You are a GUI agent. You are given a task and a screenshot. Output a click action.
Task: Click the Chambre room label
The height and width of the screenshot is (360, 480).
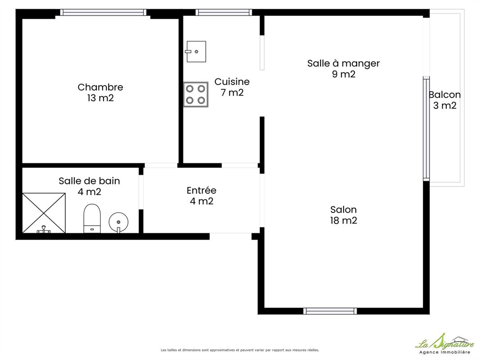click(100, 87)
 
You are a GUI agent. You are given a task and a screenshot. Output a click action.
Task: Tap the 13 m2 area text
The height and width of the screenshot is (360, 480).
click(100, 98)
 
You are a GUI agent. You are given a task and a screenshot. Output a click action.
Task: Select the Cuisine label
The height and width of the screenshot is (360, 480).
click(232, 81)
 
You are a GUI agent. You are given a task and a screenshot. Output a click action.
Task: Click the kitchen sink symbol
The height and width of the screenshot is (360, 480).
click(196, 51)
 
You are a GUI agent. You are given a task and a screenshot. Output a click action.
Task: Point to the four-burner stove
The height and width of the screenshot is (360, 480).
click(196, 94)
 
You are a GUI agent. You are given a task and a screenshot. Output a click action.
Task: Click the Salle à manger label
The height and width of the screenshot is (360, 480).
click(344, 63)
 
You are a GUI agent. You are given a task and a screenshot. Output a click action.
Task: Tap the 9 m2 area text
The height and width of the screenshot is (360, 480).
click(344, 74)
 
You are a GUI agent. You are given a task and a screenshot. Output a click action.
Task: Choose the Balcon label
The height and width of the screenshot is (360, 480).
click(445, 95)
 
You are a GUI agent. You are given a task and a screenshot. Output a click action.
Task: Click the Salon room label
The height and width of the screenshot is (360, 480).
click(344, 210)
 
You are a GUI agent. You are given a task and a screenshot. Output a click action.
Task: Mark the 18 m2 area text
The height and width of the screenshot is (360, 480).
click(344, 220)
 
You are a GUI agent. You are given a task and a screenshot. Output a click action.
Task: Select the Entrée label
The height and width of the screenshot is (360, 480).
click(201, 190)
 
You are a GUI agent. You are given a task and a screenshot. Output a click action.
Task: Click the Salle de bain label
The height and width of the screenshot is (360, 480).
click(90, 181)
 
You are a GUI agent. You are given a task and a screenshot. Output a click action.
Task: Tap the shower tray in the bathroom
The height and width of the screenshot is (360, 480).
click(44, 213)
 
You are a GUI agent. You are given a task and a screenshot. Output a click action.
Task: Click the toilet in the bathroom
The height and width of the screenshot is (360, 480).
click(92, 218)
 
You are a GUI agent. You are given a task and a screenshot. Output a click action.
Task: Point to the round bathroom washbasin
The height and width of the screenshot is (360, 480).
click(118, 223)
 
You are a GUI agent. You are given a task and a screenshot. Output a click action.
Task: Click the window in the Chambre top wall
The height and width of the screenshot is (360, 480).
click(103, 12)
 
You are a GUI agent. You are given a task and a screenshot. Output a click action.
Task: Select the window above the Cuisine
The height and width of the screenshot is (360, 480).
click(224, 12)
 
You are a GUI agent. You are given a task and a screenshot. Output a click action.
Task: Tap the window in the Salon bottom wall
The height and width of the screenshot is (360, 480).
click(330, 311)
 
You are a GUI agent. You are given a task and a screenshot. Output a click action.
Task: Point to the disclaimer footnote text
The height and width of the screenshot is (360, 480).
click(240, 350)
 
